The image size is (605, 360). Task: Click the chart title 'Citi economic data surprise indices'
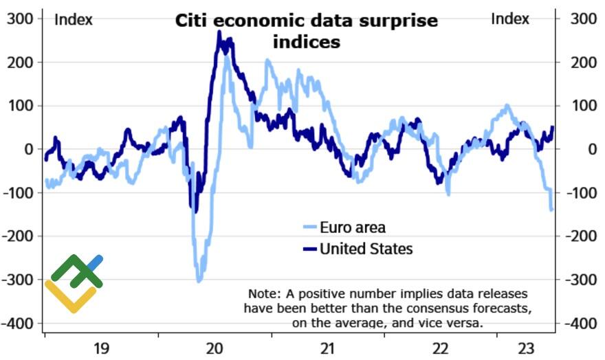[306, 31]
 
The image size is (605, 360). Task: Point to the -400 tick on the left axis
[19, 324]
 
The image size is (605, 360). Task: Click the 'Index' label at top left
[74, 19]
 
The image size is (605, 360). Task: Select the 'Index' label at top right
[510, 19]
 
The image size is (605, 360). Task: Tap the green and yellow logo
[74, 282]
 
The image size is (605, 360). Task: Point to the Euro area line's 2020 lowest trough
[199, 280]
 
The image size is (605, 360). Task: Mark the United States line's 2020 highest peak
[219, 32]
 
